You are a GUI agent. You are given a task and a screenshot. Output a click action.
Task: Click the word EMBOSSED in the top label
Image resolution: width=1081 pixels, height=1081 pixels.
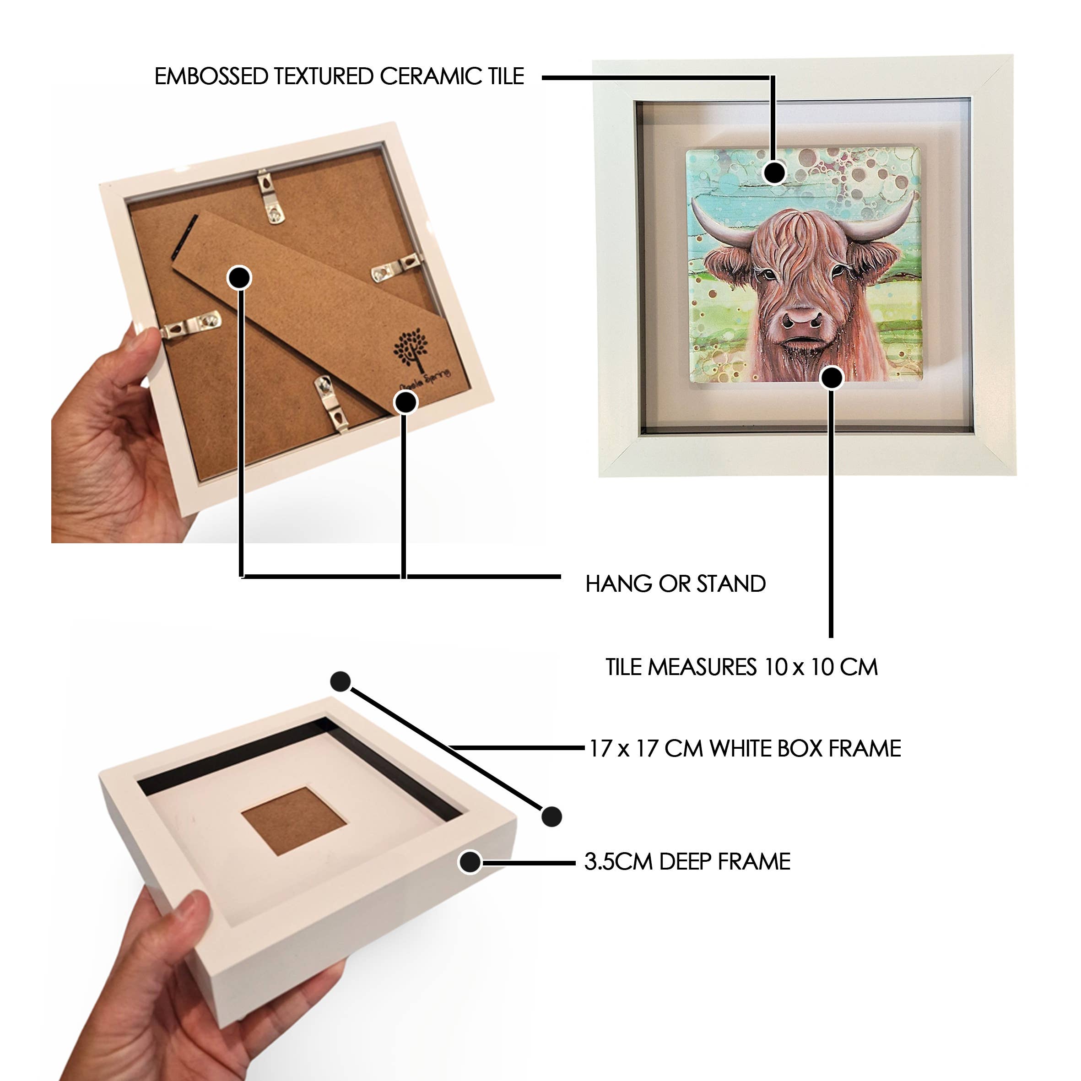(211, 76)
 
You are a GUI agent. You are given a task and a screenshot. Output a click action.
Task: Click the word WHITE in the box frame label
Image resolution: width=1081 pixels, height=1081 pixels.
(744, 749)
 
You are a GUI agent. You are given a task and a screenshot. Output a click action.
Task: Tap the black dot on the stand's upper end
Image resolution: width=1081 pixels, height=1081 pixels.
(239, 277)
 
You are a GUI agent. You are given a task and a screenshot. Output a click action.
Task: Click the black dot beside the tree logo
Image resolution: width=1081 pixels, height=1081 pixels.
(405, 402)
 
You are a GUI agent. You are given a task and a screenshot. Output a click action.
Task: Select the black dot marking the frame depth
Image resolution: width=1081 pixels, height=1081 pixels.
(470, 862)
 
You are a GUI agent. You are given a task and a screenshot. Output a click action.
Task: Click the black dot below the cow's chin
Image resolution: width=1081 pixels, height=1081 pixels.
(832, 378)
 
